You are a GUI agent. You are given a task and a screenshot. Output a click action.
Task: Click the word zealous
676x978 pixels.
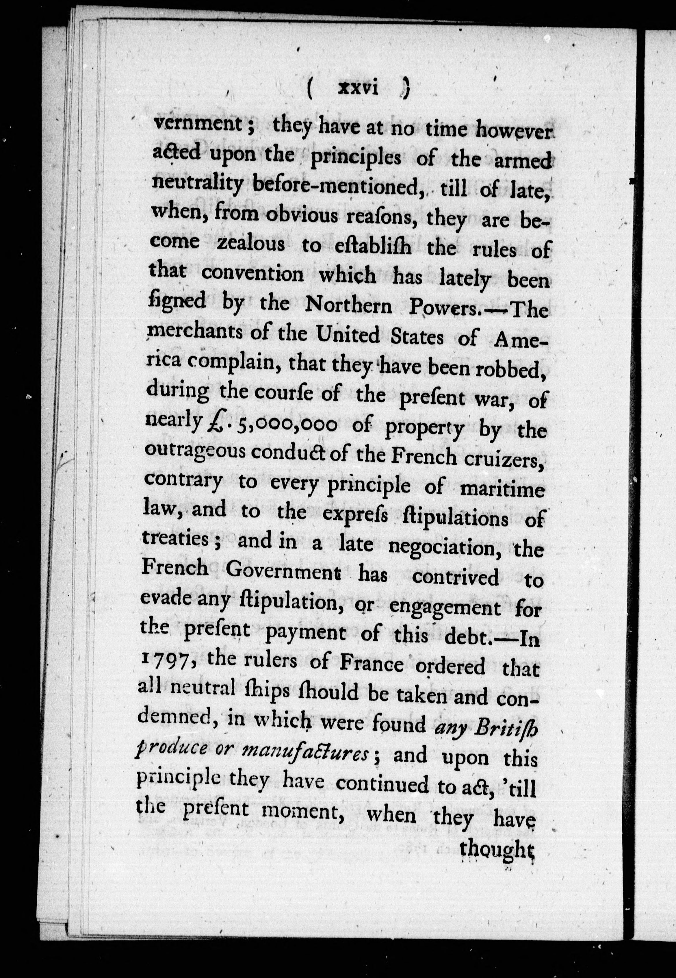[x=251, y=244]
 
